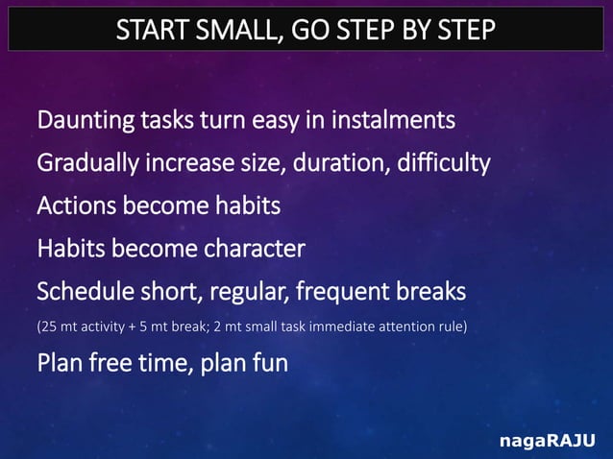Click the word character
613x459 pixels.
coord(254,249)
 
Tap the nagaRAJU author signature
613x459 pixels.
coord(547,441)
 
